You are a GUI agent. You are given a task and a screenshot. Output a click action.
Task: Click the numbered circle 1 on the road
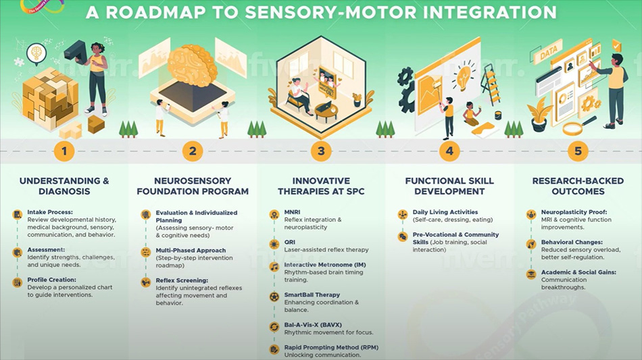64,151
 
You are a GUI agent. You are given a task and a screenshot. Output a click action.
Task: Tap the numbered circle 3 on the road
321,151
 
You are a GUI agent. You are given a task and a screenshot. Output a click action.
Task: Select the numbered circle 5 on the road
578,151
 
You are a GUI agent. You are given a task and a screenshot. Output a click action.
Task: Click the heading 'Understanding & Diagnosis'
64,186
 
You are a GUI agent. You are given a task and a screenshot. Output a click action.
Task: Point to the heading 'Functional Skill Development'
449,186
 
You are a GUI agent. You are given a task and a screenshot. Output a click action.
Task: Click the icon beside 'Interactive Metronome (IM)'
274,267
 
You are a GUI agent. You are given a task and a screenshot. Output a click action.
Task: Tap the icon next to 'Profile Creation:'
17,282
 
